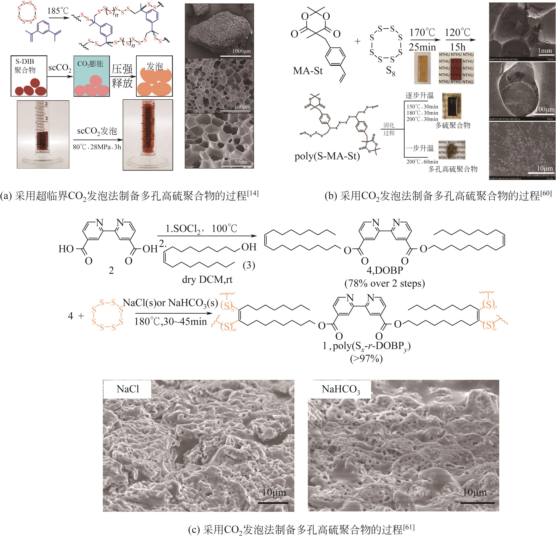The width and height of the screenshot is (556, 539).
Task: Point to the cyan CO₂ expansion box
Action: coord(92,76)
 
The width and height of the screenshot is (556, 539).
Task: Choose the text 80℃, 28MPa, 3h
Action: coord(97,147)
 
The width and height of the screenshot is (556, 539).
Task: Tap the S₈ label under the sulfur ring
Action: coord(391,71)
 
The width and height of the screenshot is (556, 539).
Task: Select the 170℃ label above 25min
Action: coord(422,33)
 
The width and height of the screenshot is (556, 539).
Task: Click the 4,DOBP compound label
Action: coord(384,270)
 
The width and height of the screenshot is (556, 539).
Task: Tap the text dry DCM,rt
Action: coord(207,280)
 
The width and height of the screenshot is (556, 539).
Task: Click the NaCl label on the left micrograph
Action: coord(128,389)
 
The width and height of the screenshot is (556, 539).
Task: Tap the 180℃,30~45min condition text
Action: coord(170,321)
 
